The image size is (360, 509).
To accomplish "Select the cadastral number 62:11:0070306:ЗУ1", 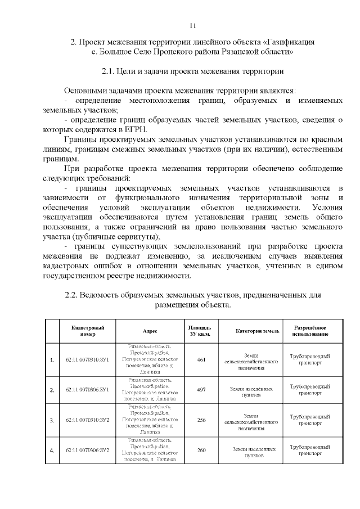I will (87, 389).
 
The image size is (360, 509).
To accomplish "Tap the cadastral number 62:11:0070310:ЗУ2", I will (87, 420).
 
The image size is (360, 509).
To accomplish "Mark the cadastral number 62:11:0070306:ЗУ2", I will (87, 451).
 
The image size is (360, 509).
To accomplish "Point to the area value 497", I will (200, 389).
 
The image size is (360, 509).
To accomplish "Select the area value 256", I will (200, 420).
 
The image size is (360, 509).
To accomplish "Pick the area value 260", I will (200, 451).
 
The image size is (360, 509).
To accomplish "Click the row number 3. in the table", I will (52, 420).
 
